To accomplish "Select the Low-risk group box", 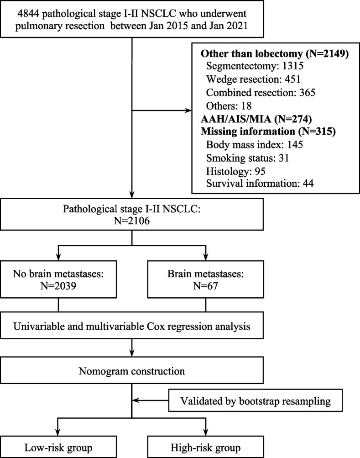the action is coord(58,447).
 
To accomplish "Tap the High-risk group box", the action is coord(205,447).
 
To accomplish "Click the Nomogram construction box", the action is coord(132,371).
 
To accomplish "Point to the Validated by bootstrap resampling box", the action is coord(256,400).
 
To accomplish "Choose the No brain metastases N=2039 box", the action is coord(58,279).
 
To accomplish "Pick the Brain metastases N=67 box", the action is coord(205,279).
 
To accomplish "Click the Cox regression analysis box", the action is coord(132,326).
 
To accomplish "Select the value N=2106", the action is coord(132,221).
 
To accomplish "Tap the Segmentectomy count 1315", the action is coord(293,66).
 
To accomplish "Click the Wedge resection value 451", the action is coord(292,79).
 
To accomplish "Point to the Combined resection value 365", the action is coord(307,93).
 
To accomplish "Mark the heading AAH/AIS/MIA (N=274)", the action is coord(256,119).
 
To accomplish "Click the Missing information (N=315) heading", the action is coord(268,132).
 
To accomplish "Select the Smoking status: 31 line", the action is coord(248,158).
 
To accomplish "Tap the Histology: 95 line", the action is coord(235,171).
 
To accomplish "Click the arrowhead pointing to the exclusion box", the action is coord(188,111).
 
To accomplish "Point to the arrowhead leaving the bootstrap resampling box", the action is coord(136,400).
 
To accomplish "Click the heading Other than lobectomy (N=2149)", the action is coord(275,54).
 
